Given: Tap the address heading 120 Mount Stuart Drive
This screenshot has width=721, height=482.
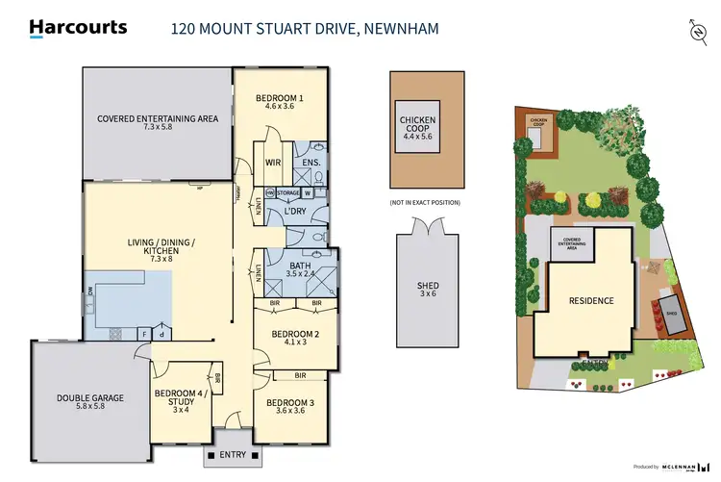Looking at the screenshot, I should coord(305,29).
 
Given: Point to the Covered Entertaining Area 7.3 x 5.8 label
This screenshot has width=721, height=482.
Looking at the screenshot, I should coord(158,122).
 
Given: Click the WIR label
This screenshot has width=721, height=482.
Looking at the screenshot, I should coord(272,163).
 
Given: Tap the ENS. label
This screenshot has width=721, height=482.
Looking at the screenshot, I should coord(311,163).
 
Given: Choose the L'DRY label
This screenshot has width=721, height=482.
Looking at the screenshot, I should coord(295,212).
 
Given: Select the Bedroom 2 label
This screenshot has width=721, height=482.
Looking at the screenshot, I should coord(294,339).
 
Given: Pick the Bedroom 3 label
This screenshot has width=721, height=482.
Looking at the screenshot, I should coord(289,407).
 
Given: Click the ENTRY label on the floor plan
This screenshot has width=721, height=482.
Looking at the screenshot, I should coord(234,455).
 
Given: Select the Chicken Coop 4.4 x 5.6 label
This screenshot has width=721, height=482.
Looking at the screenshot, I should coord(417,128).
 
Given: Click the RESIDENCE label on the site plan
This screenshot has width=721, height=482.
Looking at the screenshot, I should coord(591,301).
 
